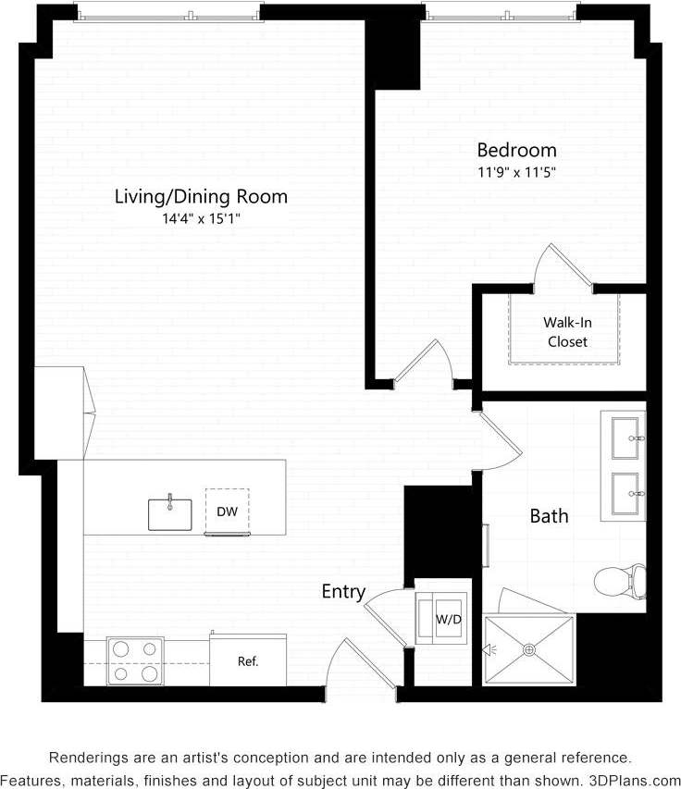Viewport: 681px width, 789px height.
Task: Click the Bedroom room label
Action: pos(516,150)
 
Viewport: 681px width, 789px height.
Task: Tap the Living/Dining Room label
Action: pos(201,196)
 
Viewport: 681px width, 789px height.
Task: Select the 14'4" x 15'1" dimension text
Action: pos(201,218)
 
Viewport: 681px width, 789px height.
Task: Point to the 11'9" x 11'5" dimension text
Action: pos(516,171)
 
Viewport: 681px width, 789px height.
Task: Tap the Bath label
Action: pos(549,515)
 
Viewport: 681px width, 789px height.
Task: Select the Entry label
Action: pos(343,592)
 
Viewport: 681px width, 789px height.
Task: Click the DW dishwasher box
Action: pos(227,512)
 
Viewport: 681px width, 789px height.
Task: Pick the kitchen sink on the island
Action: pos(170,513)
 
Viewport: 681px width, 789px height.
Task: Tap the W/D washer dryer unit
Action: pos(448,617)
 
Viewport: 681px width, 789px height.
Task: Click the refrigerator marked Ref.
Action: pos(247,660)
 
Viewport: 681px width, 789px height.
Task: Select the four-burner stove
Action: pos(136,660)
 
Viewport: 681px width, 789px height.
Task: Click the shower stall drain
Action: pos(530,650)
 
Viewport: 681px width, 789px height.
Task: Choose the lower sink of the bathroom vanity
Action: pos(628,487)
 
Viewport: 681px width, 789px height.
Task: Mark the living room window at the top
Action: pos(168,12)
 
